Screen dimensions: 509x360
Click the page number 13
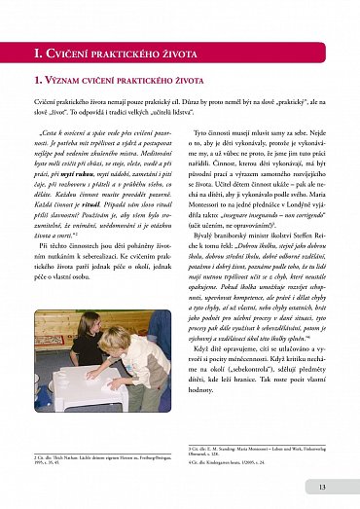point(322,487)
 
